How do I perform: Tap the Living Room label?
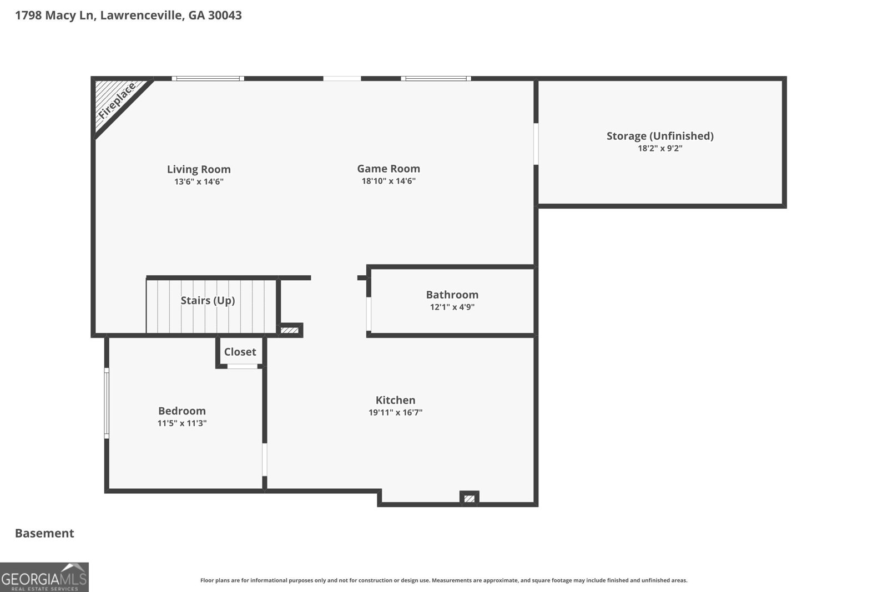coord(199,169)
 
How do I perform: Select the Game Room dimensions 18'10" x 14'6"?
coord(389,181)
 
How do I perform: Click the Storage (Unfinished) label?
coord(660,136)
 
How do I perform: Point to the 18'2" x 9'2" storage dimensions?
coord(660,148)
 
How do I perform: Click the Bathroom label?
coord(452,295)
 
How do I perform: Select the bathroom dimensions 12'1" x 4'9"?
coord(452,307)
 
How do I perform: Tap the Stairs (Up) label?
coord(208,300)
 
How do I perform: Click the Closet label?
coord(240,352)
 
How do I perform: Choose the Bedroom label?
coord(182,411)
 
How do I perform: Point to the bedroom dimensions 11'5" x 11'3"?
coord(182,423)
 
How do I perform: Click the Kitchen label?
coord(396,400)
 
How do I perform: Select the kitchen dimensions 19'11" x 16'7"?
coord(396,412)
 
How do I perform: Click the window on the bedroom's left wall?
coord(107,403)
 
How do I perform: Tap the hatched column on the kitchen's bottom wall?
coord(470,498)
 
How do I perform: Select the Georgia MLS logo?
coord(44,577)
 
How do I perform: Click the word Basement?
coord(44,533)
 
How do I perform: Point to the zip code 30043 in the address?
coord(225,15)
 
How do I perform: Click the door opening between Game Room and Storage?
coord(536,144)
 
